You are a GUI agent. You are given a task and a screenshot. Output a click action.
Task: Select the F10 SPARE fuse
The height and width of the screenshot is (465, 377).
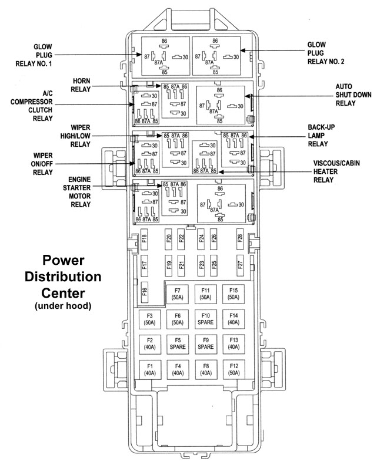click(x=205, y=319)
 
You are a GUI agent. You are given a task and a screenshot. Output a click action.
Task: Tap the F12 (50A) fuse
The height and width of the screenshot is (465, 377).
click(x=233, y=369)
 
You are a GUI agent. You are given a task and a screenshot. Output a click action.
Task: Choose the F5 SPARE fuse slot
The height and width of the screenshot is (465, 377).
click(x=177, y=344)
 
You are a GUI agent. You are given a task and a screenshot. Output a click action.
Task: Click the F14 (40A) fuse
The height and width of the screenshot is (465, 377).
click(x=233, y=319)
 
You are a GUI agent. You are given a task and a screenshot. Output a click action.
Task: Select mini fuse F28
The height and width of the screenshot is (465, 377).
click(x=240, y=238)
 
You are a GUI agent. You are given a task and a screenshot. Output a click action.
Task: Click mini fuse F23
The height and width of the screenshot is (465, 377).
click(x=202, y=265)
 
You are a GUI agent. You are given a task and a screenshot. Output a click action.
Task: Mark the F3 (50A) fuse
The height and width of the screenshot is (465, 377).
click(x=149, y=319)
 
